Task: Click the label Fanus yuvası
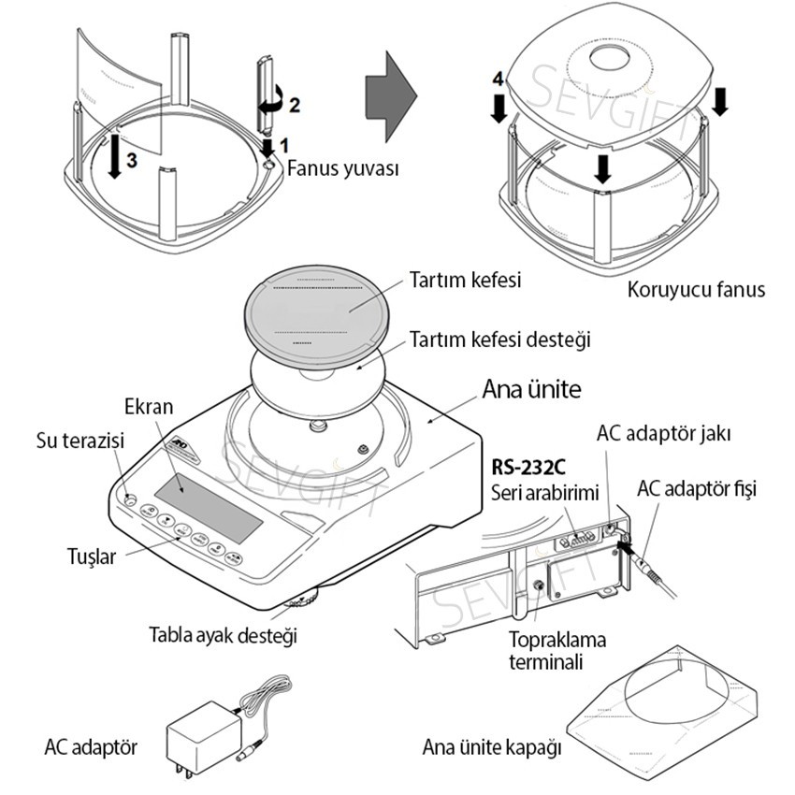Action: coord(343,170)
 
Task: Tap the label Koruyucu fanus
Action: coord(697,290)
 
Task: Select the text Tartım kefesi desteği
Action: coord(500,340)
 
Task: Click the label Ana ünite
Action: coord(533,388)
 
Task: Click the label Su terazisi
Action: coord(79,440)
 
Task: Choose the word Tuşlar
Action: coord(93,557)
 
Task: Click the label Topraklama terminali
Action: coord(557,652)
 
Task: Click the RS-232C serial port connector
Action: coord(577,540)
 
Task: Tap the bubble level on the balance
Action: coord(129,498)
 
